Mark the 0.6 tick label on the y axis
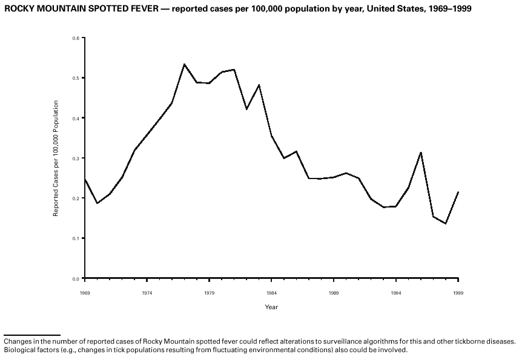[76, 38]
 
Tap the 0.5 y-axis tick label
[76, 78]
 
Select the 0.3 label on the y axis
[76, 159]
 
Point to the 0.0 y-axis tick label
[76, 278]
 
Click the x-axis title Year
[271, 307]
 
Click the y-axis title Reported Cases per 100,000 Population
[56, 159]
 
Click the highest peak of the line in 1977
[184, 64]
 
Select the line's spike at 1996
[421, 152]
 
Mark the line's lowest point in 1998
[446, 223]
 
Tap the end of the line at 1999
[458, 192]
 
